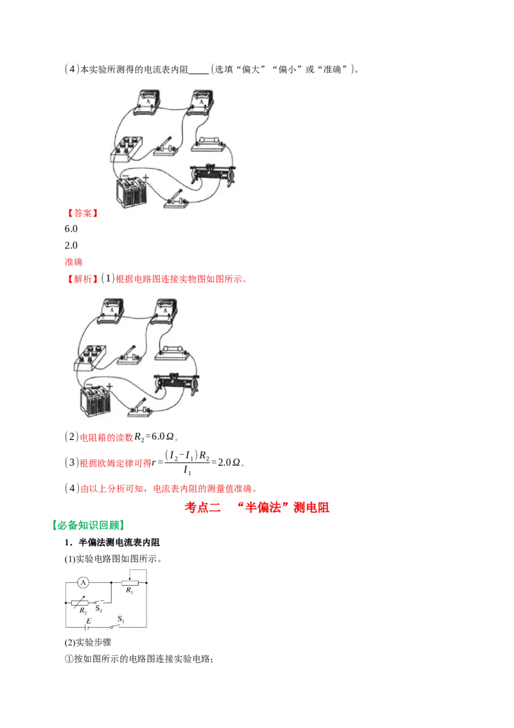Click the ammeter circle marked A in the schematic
pyautogui.click(x=83, y=582)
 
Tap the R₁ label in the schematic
pyautogui.click(x=129, y=590)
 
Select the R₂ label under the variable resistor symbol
pyautogui.click(x=83, y=611)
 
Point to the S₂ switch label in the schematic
pyautogui.click(x=99, y=608)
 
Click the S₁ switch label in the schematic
pyautogui.click(x=121, y=619)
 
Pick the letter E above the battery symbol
pyautogui.click(x=89, y=621)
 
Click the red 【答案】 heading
pyautogui.click(x=82, y=213)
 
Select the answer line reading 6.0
pyautogui.click(x=71, y=229)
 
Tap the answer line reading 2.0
pyautogui.click(x=71, y=245)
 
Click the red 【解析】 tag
pyautogui.click(x=82, y=279)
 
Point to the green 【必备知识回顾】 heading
pyautogui.click(x=88, y=525)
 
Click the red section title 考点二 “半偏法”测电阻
pyautogui.click(x=257, y=507)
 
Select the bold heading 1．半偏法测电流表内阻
pyautogui.click(x=112, y=542)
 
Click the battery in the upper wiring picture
pyautogui.click(x=132, y=191)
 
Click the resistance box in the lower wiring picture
pyautogui.click(x=89, y=358)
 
